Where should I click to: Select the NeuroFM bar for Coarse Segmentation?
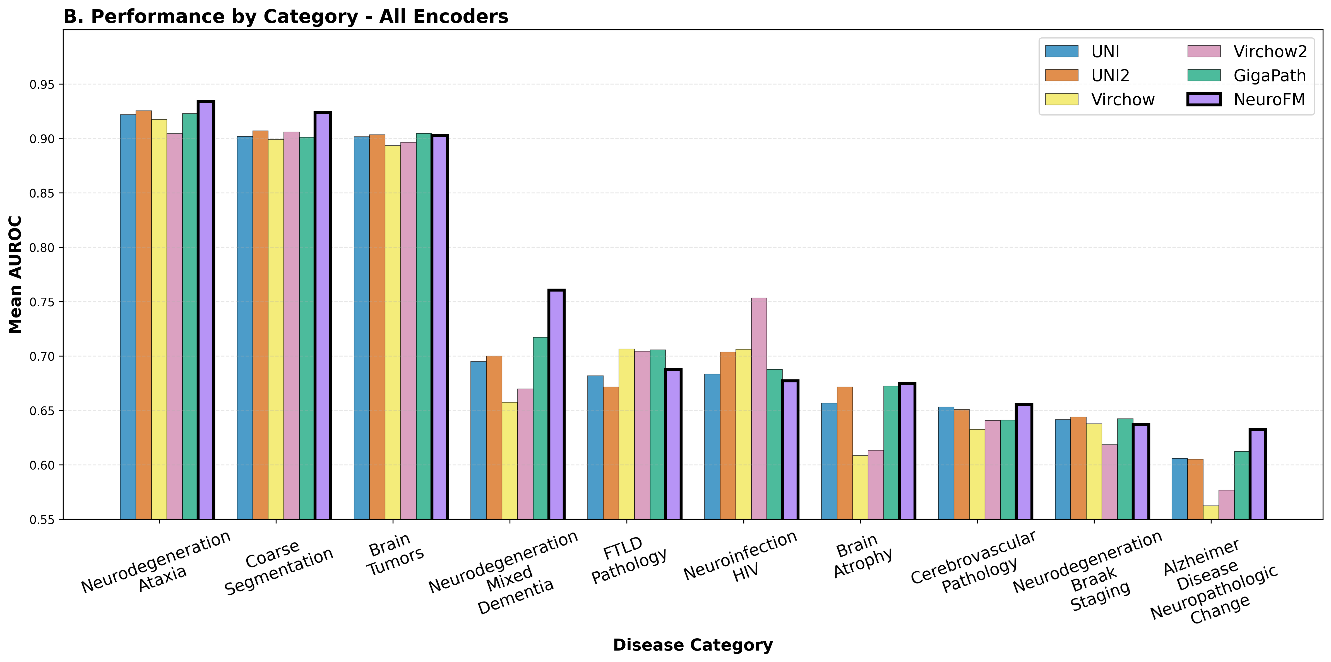pyautogui.click(x=323, y=316)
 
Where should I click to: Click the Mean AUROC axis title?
pyautogui.click(x=16, y=275)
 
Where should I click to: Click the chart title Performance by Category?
pyautogui.click(x=286, y=16)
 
